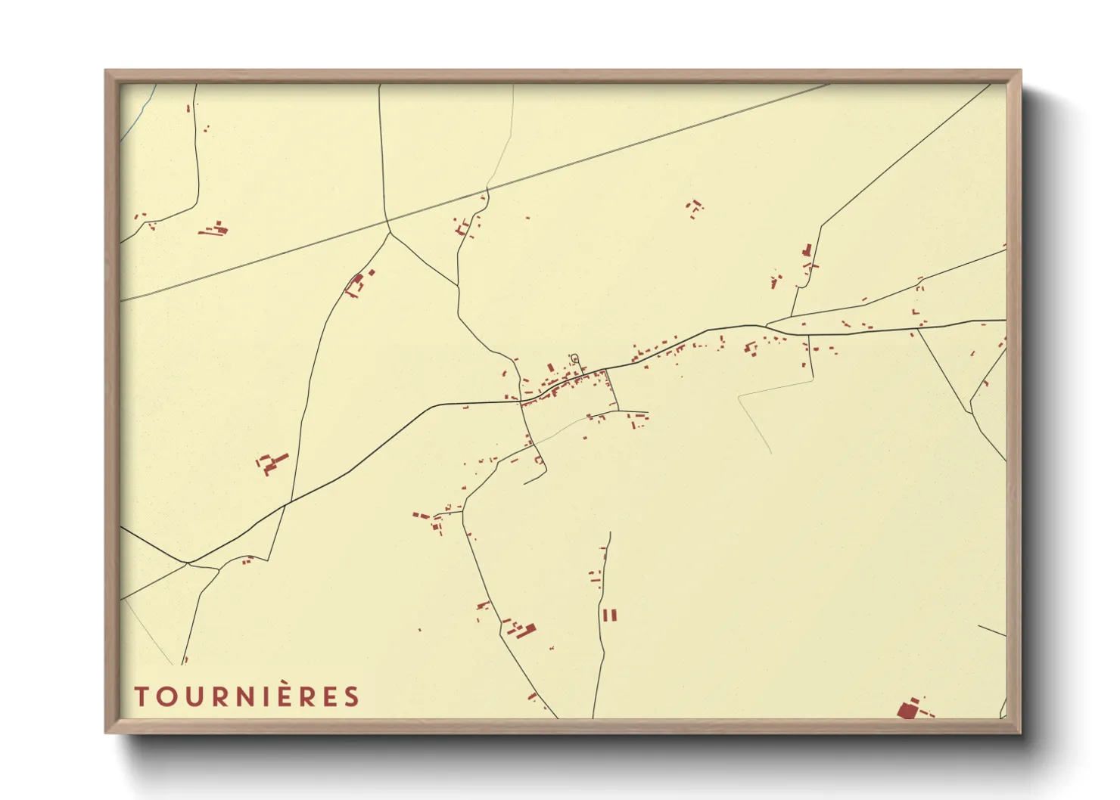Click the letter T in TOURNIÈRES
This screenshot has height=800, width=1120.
tap(142, 696)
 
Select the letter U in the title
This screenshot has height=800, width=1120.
tap(194, 696)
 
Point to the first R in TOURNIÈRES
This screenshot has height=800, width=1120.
tap(220, 696)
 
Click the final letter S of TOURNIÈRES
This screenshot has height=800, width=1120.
tap(352, 696)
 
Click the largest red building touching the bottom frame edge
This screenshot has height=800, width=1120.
tap(907, 710)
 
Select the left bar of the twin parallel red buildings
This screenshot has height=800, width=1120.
tap(605, 616)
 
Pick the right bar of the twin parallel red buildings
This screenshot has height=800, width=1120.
tap(614, 616)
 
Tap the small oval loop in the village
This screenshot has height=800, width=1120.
tap(574, 358)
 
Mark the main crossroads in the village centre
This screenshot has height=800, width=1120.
tap(522, 402)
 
